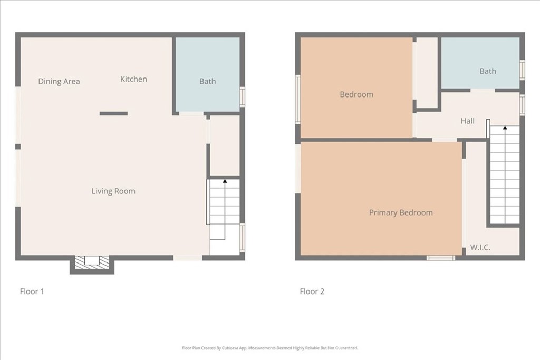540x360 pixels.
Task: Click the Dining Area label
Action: tap(59, 81)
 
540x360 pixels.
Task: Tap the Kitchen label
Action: tap(133, 79)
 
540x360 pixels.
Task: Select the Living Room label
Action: tap(113, 191)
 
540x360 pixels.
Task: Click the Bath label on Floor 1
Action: tap(207, 81)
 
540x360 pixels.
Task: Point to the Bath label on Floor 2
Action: tap(488, 71)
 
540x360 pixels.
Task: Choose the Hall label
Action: tap(467, 121)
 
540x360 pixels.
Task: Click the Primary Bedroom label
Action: tap(401, 212)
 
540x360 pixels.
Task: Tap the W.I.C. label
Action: tap(480, 247)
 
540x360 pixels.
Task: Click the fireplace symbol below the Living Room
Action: tap(92, 262)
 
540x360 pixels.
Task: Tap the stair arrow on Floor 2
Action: tap(505, 128)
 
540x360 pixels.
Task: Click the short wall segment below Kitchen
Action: tap(113, 113)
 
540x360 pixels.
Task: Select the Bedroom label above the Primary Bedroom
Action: tap(356, 94)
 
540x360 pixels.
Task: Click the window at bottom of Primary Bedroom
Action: tap(440, 258)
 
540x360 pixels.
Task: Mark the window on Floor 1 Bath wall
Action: tap(242, 97)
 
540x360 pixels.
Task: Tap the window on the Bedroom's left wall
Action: tap(297, 100)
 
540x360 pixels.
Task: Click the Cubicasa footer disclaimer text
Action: tap(270, 348)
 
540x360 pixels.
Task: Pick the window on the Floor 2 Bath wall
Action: tap(522, 70)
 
